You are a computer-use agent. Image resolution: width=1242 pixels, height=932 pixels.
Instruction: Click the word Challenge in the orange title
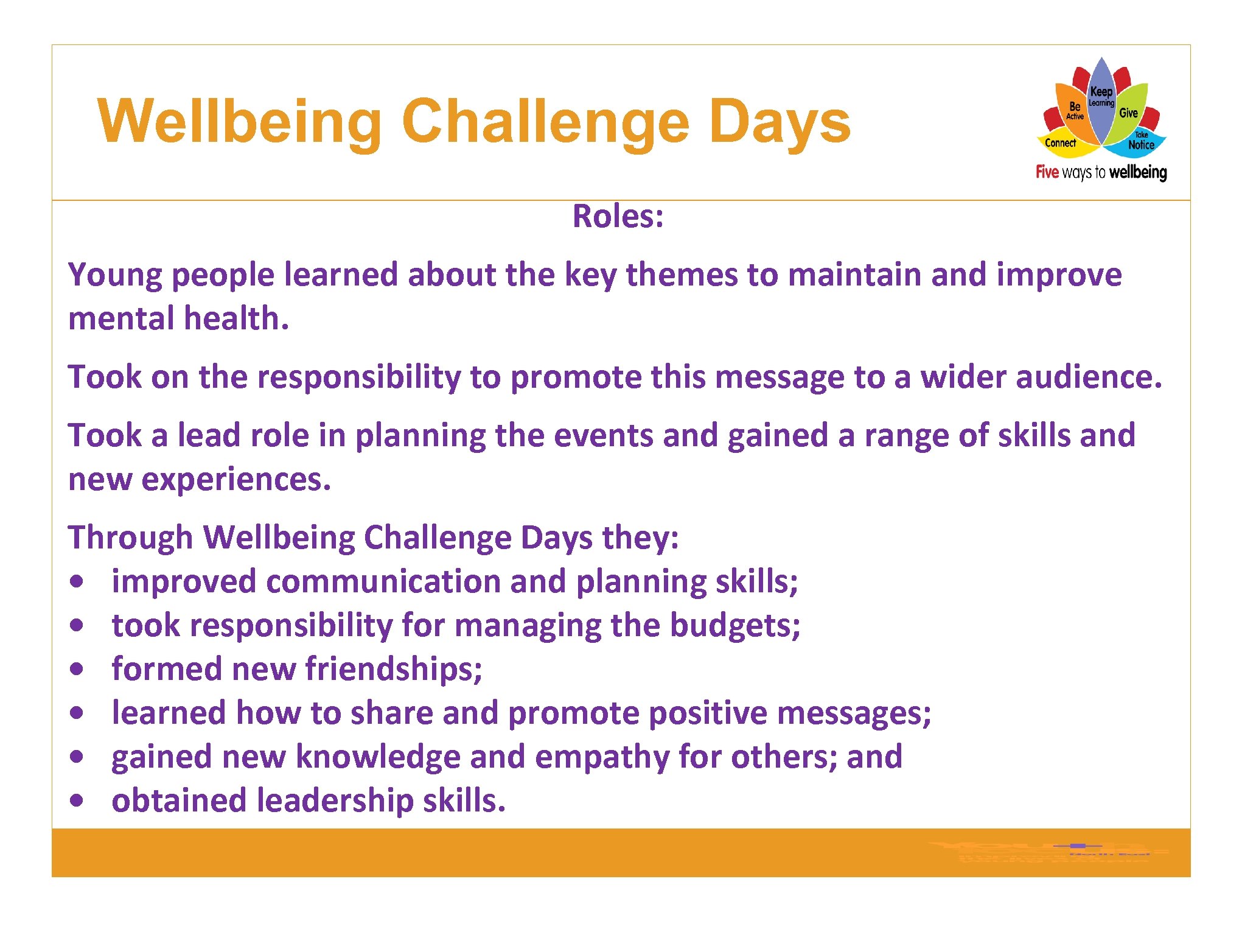tap(545, 122)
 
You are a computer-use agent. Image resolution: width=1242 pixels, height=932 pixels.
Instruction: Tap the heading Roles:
tap(618, 216)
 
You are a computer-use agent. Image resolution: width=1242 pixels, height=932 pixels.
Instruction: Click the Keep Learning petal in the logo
tap(1101, 97)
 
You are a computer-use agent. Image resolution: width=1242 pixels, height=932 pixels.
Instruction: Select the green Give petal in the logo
tap(1128, 113)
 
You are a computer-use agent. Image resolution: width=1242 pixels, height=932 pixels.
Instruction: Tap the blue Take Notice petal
tap(1141, 142)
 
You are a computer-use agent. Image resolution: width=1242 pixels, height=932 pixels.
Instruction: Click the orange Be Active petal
tap(1074, 110)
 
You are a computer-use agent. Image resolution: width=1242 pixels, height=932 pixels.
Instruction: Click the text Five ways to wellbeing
tap(1101, 172)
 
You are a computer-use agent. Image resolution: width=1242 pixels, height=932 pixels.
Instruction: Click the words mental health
tap(178, 318)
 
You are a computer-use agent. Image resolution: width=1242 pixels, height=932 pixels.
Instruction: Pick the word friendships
tap(394, 669)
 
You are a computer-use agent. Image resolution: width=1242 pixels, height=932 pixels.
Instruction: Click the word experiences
tap(236, 479)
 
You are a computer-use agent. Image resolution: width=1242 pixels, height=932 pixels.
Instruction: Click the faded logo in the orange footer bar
tap(1047, 852)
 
